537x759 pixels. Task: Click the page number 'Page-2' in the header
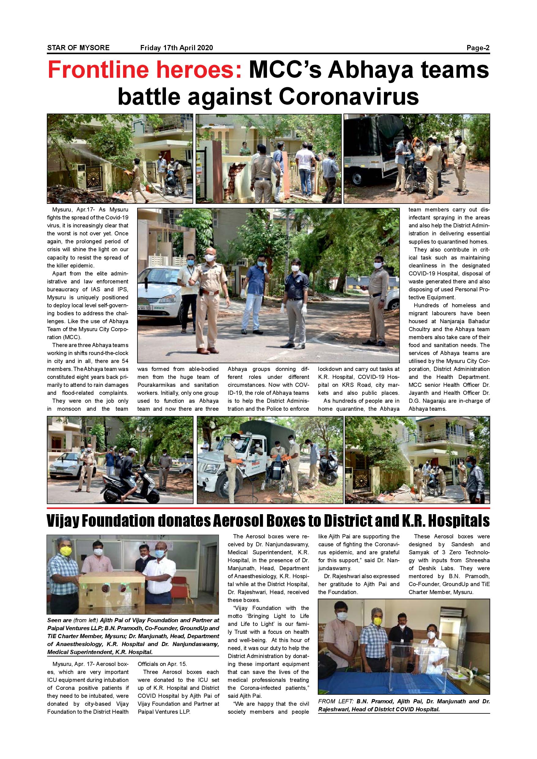(478, 48)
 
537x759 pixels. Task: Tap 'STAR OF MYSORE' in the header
(78, 48)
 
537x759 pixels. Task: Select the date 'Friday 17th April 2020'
(177, 48)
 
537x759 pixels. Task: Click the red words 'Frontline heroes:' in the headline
(145, 70)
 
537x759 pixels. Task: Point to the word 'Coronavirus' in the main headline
(349, 96)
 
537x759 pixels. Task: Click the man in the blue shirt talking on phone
(256, 291)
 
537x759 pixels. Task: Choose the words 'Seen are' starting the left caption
(59, 620)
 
